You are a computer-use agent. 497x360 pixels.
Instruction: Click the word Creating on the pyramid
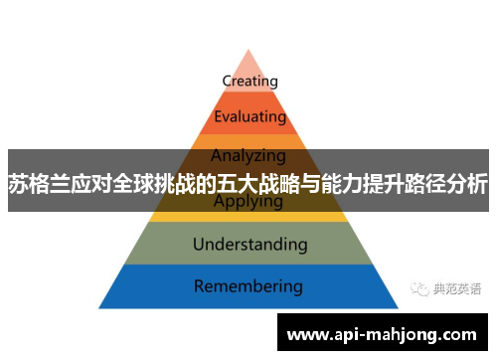click(x=249, y=81)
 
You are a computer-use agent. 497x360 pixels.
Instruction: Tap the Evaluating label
click(x=249, y=116)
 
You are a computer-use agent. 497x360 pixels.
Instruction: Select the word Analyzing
click(x=248, y=155)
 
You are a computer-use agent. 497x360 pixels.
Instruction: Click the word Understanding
click(x=249, y=243)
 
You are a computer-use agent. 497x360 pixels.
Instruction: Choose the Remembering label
click(x=248, y=286)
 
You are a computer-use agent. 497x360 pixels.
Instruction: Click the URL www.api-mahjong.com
click(x=382, y=334)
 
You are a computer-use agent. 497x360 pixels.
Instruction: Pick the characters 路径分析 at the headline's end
click(x=452, y=185)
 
